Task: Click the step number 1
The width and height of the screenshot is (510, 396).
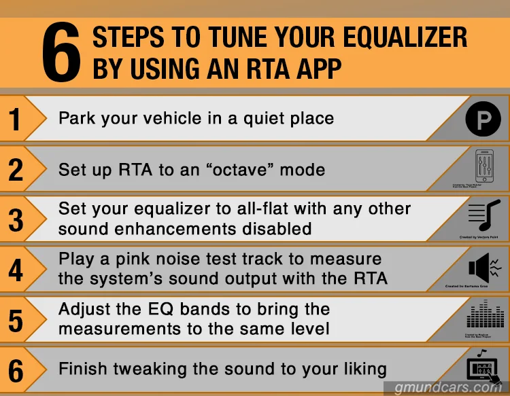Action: click(15, 120)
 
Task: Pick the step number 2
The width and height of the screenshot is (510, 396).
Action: click(15, 170)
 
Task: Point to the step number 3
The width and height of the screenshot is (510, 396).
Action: click(15, 220)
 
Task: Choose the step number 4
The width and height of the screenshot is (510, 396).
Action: click(15, 270)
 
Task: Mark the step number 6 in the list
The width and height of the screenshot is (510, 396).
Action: click(15, 371)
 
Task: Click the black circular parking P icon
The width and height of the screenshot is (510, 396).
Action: click(483, 121)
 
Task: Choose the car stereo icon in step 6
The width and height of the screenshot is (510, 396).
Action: click(483, 366)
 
